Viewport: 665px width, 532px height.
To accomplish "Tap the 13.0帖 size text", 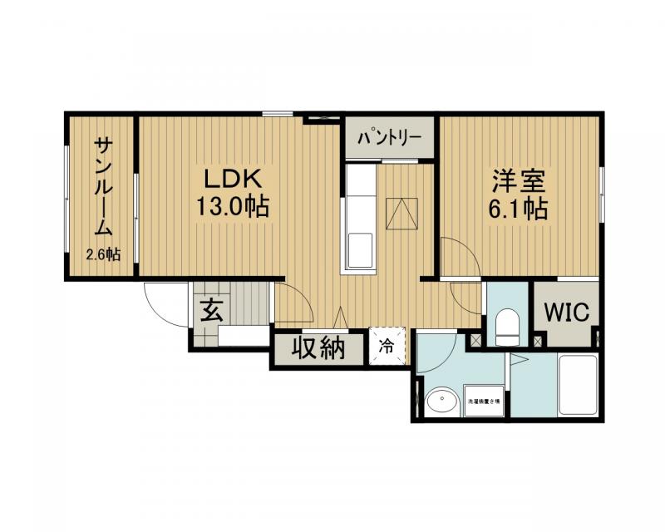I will point(233,207).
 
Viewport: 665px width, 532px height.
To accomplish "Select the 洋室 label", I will point(515,180).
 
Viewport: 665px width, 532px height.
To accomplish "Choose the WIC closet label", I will point(567,313).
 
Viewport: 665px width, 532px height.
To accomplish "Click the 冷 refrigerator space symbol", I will point(387,343).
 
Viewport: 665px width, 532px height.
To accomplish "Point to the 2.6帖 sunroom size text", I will point(104,254).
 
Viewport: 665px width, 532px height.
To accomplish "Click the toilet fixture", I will point(506,326).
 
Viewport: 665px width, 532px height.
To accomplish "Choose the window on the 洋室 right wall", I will point(600,193).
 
